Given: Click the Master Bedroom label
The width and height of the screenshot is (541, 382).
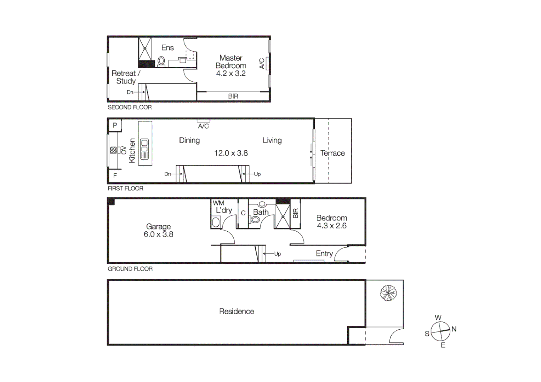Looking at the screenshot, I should click(231, 62).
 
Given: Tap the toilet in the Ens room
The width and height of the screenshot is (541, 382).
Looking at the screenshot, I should click(161, 61).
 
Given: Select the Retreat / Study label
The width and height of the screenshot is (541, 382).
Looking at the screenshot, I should click(126, 77).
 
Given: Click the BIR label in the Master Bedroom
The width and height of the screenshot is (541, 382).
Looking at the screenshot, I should click(233, 96).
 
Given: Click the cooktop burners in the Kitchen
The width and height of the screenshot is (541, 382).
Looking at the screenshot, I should click(113, 150).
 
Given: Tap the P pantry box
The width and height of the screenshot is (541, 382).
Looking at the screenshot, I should click(115, 125).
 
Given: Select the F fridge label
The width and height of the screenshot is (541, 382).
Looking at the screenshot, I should click(115, 176).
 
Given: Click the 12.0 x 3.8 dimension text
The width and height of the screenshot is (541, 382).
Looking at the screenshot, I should click(231, 153).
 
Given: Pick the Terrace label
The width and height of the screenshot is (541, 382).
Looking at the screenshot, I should click(332, 153).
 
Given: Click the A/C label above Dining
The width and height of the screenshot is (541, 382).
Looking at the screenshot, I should click(203, 126).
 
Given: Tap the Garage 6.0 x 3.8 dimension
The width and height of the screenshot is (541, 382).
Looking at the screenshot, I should click(158, 234).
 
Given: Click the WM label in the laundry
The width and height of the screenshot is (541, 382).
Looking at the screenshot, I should click(218, 203).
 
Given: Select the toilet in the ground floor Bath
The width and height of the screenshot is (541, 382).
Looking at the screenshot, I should click(255, 220).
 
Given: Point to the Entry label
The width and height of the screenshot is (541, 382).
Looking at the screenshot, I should click(324, 254).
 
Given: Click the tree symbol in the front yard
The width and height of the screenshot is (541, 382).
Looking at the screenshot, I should click(388, 293).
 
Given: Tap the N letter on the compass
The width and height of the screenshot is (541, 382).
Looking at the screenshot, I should click(454, 329).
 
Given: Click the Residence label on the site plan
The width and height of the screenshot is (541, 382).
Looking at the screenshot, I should click(237, 312).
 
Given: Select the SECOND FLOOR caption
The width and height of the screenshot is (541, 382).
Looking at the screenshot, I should click(130, 107).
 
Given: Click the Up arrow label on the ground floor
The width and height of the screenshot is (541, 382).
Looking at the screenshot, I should click(277, 254).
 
